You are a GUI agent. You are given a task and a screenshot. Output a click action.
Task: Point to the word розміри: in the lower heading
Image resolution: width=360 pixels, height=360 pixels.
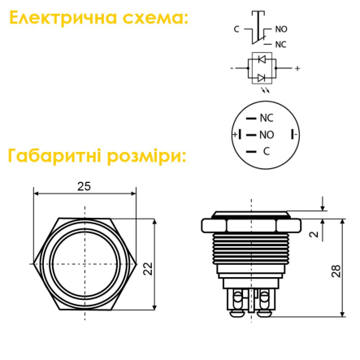146,154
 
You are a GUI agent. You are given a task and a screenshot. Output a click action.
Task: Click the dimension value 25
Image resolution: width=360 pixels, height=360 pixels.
84,186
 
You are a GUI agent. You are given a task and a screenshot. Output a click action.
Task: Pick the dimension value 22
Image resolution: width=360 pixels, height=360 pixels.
148,269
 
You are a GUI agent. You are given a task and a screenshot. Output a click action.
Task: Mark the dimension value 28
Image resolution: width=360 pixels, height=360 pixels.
336,271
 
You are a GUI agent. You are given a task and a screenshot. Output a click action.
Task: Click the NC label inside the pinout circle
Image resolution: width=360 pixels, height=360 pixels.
267,118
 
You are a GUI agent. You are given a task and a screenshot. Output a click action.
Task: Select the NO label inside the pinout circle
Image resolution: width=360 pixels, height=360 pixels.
267,134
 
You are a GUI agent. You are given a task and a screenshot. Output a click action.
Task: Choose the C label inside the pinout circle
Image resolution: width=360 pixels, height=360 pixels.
266,151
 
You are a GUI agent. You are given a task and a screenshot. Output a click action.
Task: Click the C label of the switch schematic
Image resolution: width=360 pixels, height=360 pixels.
236,28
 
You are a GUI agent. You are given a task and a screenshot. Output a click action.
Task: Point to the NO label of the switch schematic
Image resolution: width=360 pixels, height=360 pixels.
281,28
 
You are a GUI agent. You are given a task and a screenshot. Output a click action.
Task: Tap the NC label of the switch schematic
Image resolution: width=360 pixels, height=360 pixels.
281,44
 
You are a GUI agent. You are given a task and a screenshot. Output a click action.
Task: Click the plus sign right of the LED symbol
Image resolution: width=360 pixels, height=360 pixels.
297,68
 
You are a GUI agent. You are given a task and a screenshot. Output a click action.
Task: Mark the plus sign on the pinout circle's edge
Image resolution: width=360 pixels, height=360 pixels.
235,134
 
